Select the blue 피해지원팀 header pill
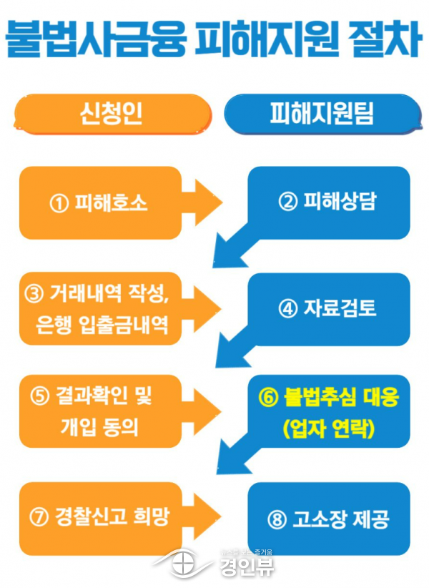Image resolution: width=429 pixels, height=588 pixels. pyautogui.click(x=322, y=114)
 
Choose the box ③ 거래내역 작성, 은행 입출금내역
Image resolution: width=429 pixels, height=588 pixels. pyautogui.click(x=100, y=309)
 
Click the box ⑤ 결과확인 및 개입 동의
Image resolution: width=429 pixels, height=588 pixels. pyautogui.click(x=100, y=412)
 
